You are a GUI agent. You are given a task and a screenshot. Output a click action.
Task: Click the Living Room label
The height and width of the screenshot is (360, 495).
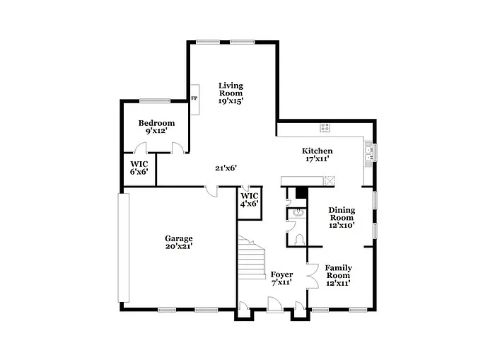(231, 93)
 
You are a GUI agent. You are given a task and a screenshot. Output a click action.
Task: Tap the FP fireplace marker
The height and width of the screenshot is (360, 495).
(194, 98)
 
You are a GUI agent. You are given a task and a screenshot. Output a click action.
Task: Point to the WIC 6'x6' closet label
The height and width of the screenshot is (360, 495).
(139, 168)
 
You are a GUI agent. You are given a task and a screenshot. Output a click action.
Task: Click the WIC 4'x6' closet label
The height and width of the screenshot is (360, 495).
(249, 199)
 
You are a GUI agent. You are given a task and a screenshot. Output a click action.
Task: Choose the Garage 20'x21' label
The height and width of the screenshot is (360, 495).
(179, 243)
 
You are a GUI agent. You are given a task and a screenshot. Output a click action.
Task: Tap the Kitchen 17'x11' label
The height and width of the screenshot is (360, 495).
(318, 156)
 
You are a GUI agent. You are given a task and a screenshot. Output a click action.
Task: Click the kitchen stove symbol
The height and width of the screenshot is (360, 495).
(325, 127)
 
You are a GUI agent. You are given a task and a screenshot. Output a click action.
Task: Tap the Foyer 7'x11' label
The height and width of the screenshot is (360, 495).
(281, 279)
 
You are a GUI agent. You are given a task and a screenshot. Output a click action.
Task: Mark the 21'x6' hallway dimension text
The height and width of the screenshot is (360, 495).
(226, 168)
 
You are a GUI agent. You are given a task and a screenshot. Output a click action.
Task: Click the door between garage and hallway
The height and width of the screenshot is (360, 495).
(211, 190)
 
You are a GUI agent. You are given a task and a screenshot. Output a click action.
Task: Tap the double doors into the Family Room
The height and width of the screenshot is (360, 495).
(310, 274)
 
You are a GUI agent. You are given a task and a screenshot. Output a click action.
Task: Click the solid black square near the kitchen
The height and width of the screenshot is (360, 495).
(301, 192)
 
